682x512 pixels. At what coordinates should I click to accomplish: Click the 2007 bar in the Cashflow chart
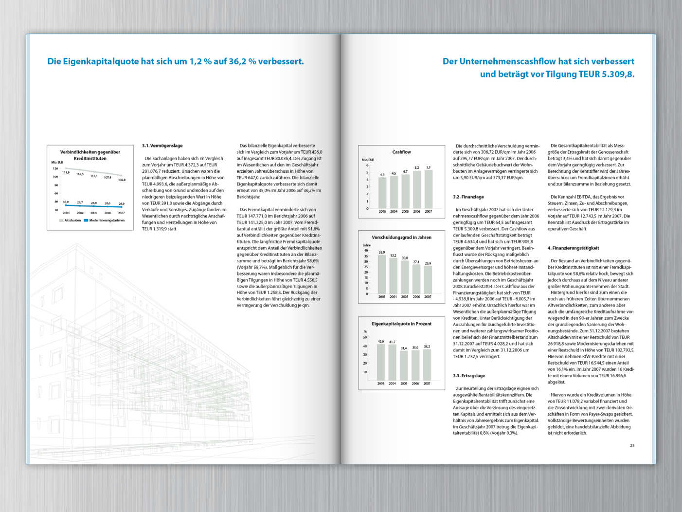428,189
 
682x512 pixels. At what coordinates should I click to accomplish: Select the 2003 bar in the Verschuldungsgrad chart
382,274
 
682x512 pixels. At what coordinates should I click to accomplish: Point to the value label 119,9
66,172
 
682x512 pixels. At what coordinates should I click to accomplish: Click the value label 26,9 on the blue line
122,204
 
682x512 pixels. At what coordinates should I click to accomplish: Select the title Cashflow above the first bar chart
401,152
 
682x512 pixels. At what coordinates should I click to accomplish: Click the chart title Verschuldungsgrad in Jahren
401,238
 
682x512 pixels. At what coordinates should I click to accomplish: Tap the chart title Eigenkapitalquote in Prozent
401,324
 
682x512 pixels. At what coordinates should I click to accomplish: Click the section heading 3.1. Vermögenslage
162,146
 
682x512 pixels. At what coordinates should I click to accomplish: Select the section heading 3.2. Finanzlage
468,197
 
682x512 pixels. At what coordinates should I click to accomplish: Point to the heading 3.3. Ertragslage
469,376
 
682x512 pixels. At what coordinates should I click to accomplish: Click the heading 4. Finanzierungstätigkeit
574,248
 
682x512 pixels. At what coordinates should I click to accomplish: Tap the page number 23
632,445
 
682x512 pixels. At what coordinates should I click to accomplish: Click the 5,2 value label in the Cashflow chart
417,168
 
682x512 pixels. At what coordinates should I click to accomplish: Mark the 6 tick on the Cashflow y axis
367,165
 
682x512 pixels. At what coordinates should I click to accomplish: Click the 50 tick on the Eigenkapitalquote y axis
365,337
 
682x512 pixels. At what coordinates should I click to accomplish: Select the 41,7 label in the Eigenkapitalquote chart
392,342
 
